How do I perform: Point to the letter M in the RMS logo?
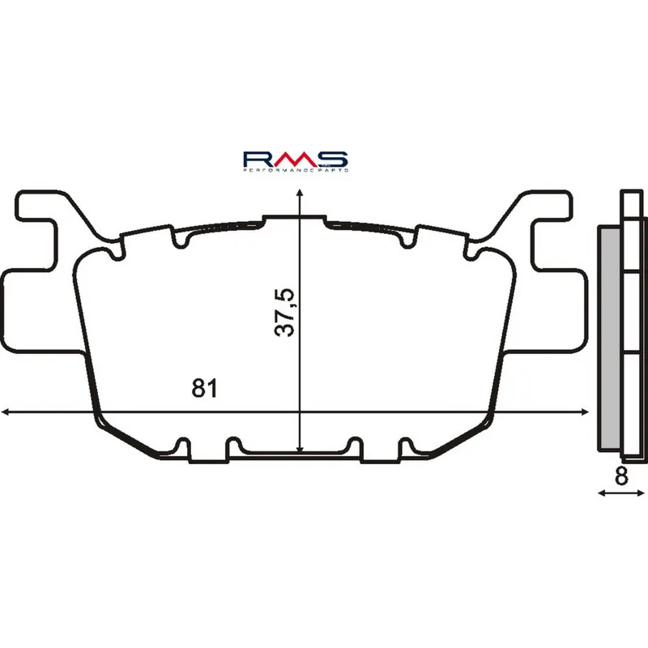click(295, 159)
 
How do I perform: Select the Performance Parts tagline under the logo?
click(296, 172)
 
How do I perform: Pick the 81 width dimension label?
click(204, 388)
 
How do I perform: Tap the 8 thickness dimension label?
click(621, 476)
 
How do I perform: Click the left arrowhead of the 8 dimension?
click(600, 492)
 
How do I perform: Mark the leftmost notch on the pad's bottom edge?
click(182, 446)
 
